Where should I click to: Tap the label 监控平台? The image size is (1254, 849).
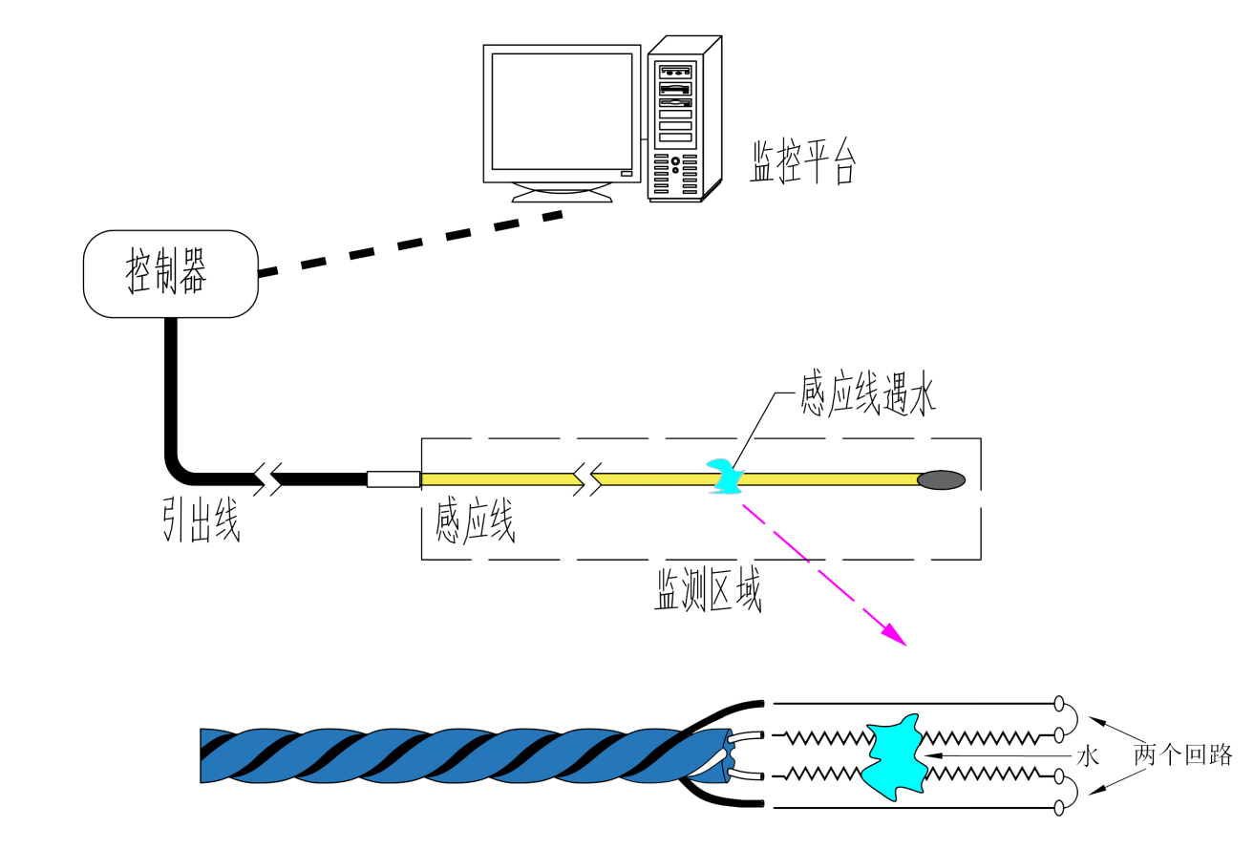point(802,162)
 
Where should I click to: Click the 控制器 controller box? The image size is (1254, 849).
point(170,273)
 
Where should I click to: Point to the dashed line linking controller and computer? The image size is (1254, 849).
point(411,244)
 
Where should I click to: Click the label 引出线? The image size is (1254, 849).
point(200,520)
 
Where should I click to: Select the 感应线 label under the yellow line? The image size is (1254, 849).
point(475,520)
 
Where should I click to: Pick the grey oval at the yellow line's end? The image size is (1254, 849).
point(942,479)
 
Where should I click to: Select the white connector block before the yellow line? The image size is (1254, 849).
point(393,479)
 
